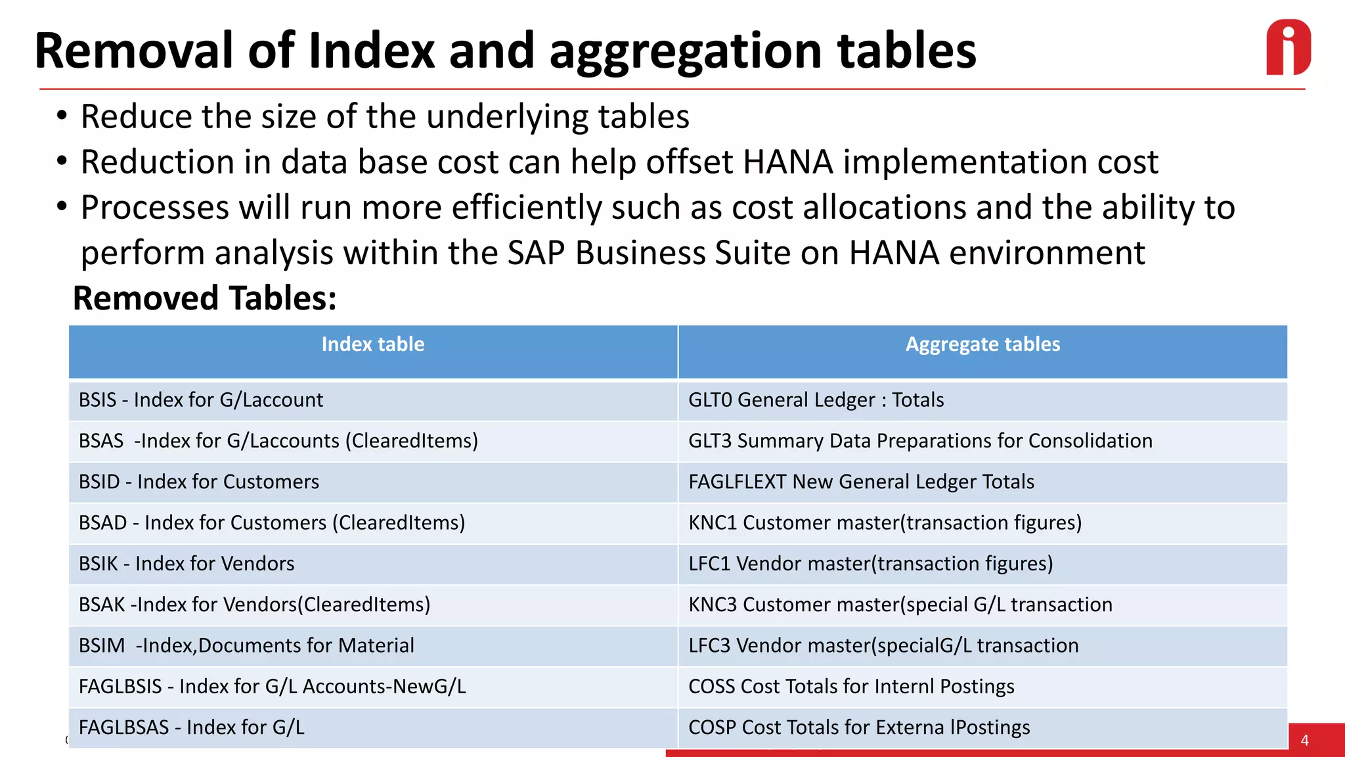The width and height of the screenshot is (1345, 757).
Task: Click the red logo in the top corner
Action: point(1288,47)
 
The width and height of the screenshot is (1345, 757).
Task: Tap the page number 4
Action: point(1304,741)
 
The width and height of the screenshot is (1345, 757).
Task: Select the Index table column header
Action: point(372,344)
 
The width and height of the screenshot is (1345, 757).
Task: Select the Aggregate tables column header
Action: point(982,344)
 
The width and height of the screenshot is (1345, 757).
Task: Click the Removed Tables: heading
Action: point(204,298)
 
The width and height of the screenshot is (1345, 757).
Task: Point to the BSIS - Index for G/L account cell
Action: point(201,400)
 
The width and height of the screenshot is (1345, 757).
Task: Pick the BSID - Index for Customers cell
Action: point(199,482)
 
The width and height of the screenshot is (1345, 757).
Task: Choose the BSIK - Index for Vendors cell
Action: point(187,564)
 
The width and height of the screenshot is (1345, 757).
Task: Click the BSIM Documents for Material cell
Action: point(246,645)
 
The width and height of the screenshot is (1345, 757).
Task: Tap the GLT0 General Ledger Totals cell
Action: point(816,400)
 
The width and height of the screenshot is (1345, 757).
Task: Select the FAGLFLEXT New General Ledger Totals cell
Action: point(861,482)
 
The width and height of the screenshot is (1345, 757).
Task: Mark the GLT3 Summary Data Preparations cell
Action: point(920,441)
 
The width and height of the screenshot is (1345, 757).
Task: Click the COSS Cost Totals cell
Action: point(851,687)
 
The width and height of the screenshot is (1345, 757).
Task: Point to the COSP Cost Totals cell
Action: point(859,727)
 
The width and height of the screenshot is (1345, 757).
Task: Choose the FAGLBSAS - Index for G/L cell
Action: point(192,727)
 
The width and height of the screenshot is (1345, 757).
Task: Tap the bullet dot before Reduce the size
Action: point(62,116)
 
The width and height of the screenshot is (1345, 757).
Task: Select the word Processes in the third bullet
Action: point(154,208)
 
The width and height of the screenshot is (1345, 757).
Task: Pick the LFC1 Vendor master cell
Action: point(870,564)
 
